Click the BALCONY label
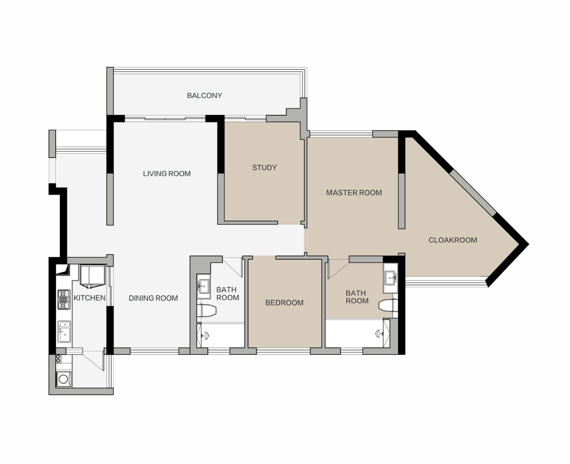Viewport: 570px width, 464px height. [x=204, y=96]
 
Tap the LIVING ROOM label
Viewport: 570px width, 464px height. [x=167, y=174]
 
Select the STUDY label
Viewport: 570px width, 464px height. [x=264, y=167]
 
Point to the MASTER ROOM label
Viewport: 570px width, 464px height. [x=354, y=193]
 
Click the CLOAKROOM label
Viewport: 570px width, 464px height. [x=453, y=240]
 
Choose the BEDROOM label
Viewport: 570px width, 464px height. [x=284, y=303]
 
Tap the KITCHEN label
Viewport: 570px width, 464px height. [x=89, y=298]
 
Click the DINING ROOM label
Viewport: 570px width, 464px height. [x=153, y=298]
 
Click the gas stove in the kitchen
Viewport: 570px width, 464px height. [x=64, y=300]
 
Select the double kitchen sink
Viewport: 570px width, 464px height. [x=64, y=331]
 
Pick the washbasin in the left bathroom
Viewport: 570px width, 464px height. [x=204, y=286]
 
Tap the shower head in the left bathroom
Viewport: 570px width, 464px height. [x=206, y=336]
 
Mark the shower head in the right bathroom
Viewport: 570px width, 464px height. [x=379, y=333]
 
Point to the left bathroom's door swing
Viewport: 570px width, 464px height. [x=233, y=267]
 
